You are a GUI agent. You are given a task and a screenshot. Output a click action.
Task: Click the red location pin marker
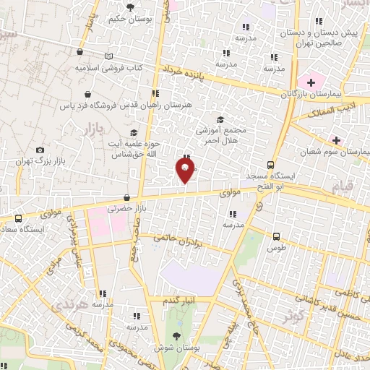coord(185,171)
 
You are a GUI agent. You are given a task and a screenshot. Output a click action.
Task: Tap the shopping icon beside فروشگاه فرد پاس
coord(87,94)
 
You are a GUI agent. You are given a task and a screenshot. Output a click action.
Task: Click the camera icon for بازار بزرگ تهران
coord(40,150)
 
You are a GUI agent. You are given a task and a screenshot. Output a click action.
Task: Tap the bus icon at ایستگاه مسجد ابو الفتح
coord(270,164)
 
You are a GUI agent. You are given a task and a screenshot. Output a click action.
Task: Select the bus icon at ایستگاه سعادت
coord(17,217)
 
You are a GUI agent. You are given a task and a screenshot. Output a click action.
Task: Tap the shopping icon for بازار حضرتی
coord(127,197)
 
